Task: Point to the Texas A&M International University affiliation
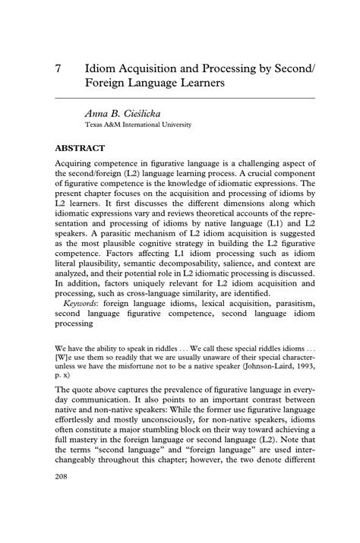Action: click(x=138, y=125)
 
